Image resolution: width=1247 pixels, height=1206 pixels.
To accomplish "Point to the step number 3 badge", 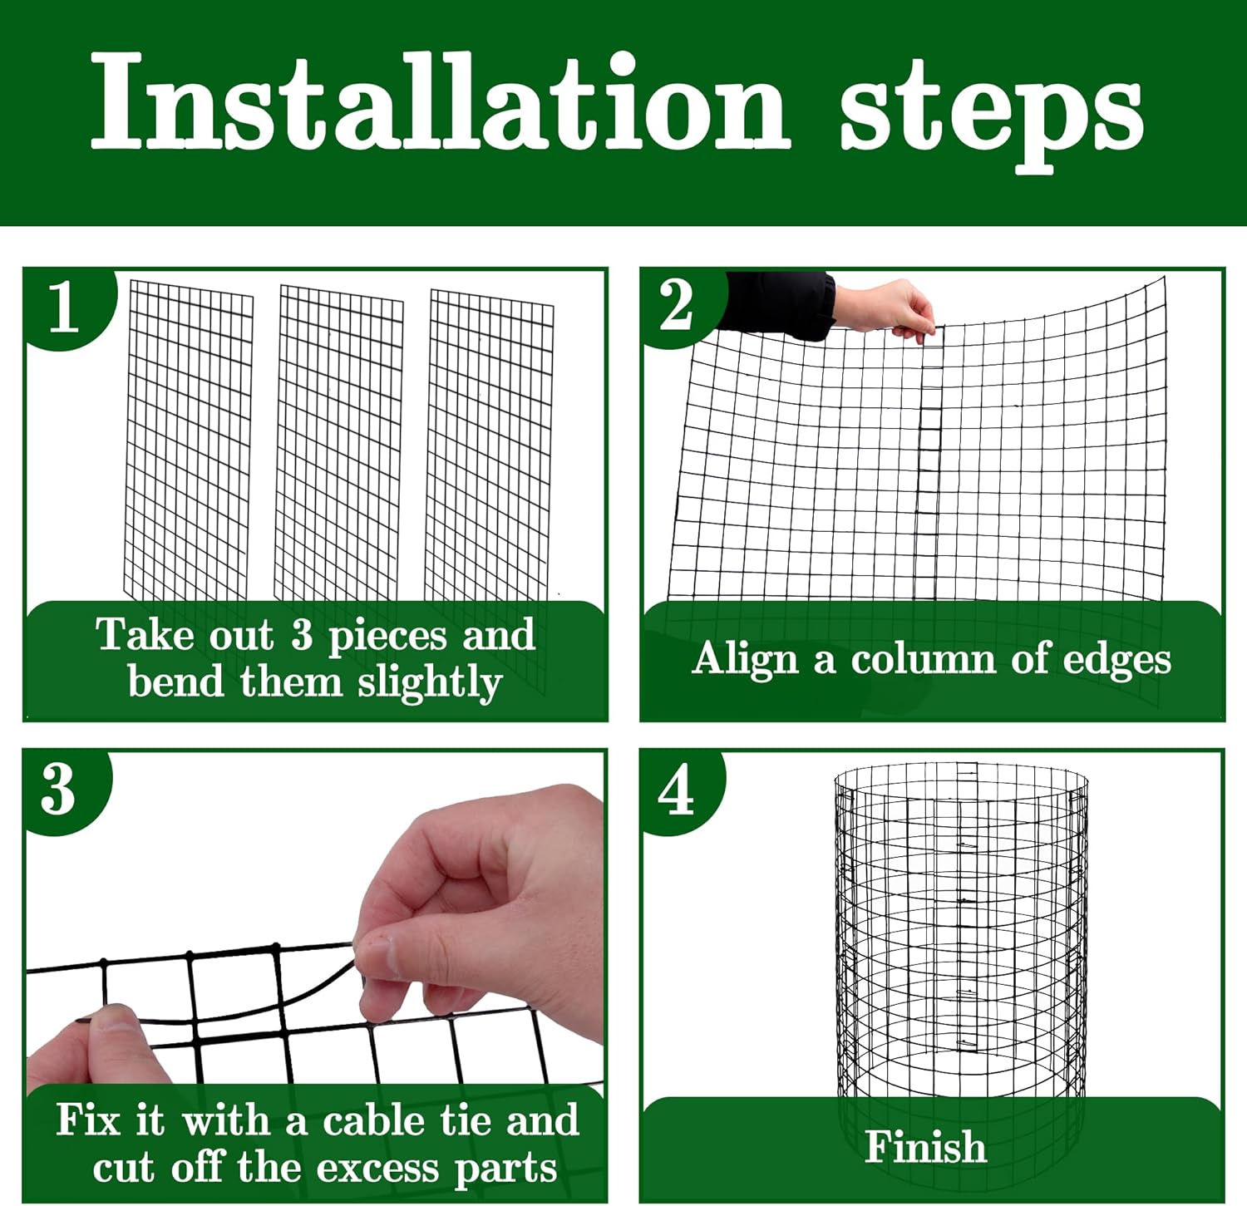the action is [x=60, y=790].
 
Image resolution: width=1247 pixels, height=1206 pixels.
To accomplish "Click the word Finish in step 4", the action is [x=925, y=1147].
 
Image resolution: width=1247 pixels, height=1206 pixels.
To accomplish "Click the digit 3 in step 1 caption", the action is [x=302, y=636].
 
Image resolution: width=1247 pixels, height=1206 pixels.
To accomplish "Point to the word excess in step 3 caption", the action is [x=378, y=1169].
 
